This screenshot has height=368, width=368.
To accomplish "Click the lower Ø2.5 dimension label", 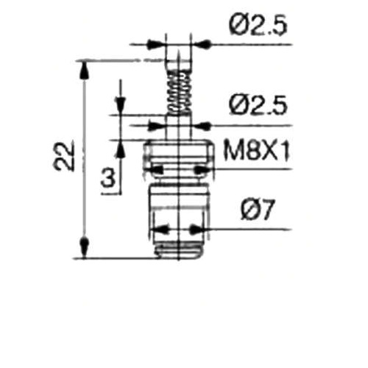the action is click(x=258, y=105).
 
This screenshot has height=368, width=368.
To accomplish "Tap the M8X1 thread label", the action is click(x=257, y=152).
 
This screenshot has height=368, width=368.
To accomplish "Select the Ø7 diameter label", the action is click(x=257, y=210).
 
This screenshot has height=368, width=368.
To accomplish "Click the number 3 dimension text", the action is click(x=108, y=178).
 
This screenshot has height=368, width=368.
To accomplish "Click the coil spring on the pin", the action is click(x=179, y=93).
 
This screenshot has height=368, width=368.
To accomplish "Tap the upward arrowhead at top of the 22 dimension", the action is click(x=84, y=71).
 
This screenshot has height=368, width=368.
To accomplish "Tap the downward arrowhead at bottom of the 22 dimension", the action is click(x=84, y=247).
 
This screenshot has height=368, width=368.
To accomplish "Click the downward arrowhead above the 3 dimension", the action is click(x=120, y=105).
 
